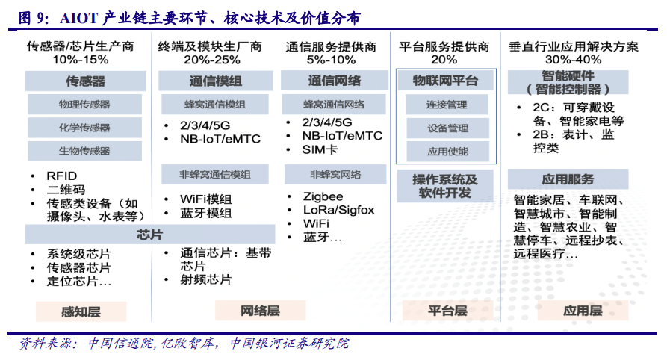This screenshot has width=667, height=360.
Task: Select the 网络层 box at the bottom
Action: coord(260,311)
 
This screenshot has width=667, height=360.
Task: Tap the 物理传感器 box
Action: coord(84,104)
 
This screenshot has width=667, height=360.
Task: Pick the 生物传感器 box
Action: coord(84,151)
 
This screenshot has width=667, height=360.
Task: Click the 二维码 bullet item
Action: coord(66,190)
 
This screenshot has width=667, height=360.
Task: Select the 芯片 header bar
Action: coord(149,235)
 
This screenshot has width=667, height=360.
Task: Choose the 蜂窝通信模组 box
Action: coord(214,105)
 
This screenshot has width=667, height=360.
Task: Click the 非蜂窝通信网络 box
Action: coord(335,175)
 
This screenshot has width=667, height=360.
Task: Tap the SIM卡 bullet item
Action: coord(320,150)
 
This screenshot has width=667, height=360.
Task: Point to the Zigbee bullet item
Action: coord(323,196)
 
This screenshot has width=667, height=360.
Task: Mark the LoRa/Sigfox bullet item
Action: coord(338,210)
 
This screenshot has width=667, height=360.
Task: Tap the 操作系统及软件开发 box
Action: coord(445,186)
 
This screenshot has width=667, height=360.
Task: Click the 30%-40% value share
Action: coord(573,59)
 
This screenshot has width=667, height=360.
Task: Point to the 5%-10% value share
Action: coord(331,59)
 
